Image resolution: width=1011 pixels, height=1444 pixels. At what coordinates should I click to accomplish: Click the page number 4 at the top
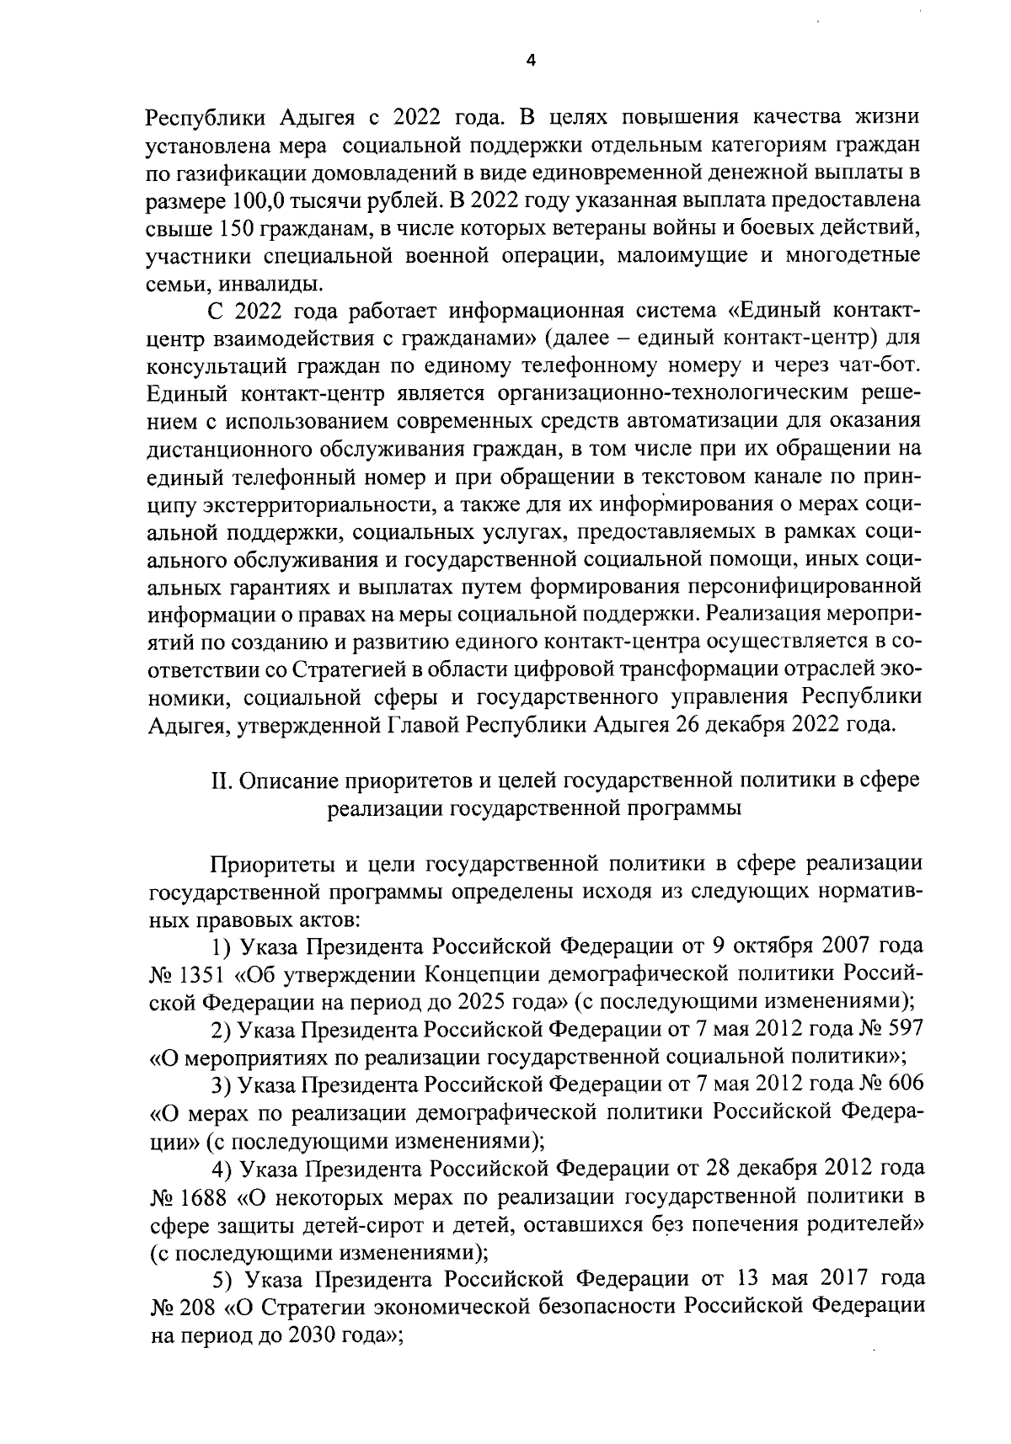tap(530, 60)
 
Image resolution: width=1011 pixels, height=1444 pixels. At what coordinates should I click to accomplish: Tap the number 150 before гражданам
tap(233, 228)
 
